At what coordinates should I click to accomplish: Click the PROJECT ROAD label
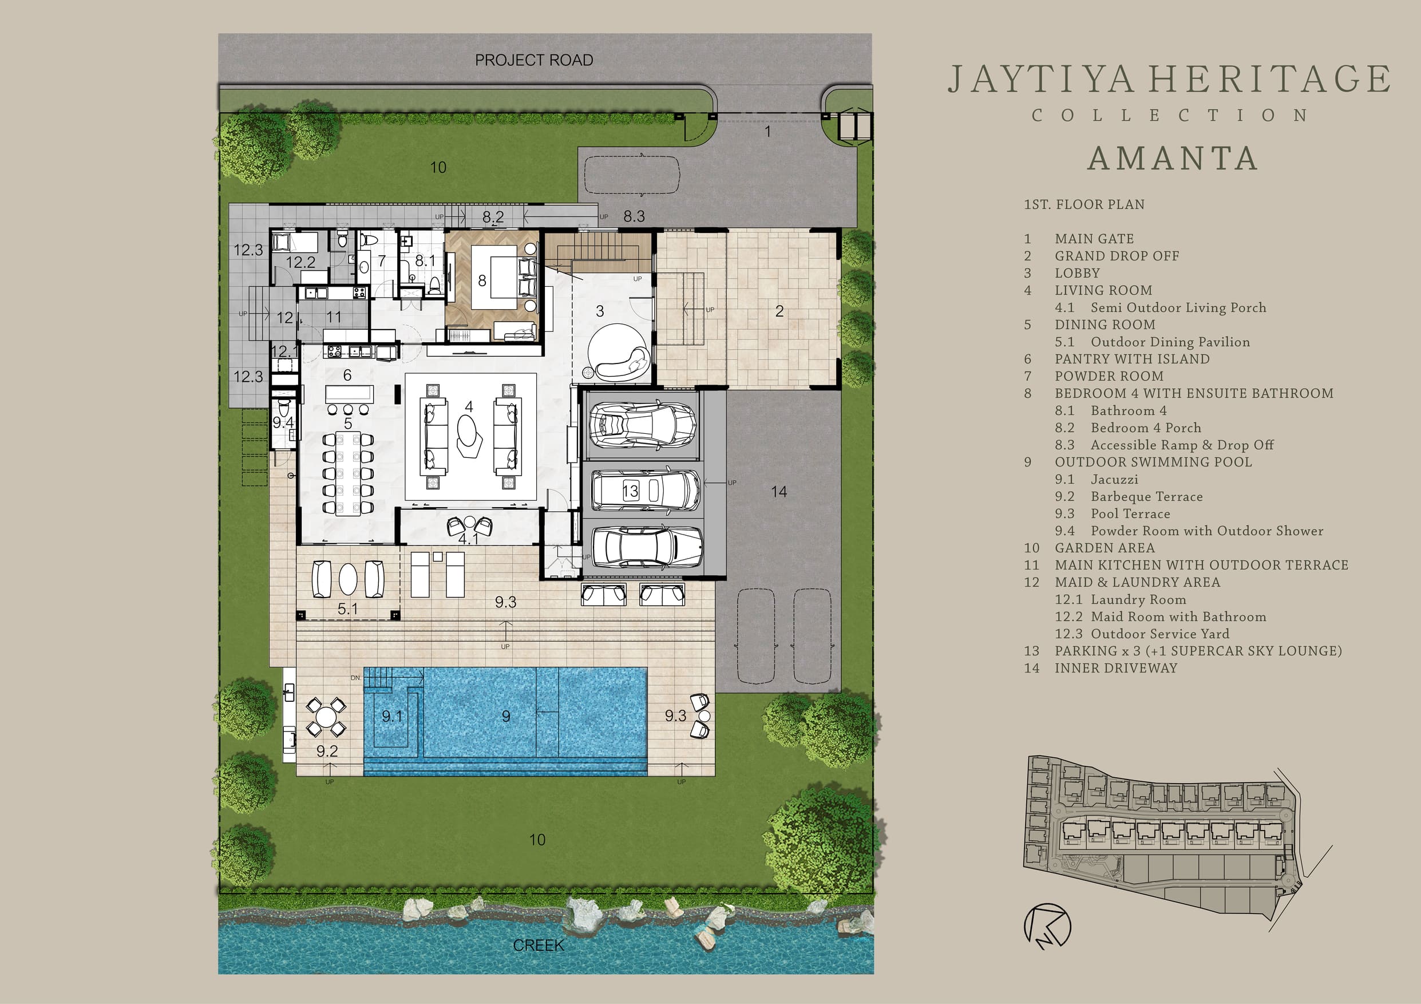(x=533, y=60)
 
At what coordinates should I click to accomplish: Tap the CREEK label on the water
(x=539, y=945)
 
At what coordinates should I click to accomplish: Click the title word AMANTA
(x=1173, y=159)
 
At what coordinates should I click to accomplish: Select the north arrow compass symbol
(x=1047, y=927)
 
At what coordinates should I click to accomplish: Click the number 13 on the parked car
(x=630, y=492)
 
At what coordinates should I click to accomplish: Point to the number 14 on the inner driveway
(x=778, y=492)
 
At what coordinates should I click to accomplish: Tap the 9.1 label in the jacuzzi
(x=392, y=716)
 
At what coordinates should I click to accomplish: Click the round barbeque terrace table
(x=326, y=717)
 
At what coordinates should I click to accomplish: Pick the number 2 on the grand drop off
(x=779, y=311)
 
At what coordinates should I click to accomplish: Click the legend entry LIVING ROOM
(x=1103, y=290)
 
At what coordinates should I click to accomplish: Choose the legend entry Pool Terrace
(x=1130, y=514)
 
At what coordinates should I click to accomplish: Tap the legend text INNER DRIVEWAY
(x=1116, y=668)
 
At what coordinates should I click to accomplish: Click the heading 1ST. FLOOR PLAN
(x=1084, y=204)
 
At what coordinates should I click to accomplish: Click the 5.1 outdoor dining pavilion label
(x=347, y=609)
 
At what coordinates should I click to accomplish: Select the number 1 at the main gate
(x=768, y=131)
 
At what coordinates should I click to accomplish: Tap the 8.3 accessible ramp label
(x=634, y=216)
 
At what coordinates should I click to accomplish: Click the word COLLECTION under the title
(x=1170, y=116)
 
